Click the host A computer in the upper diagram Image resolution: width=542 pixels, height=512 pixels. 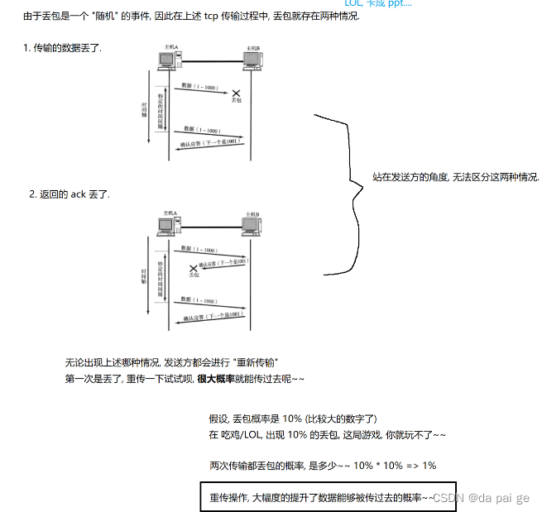coord(169,60)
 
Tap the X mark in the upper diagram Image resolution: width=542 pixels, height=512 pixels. coord(236,93)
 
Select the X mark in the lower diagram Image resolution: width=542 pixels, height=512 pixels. coord(194,268)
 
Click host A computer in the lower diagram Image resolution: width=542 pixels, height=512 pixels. coord(169,223)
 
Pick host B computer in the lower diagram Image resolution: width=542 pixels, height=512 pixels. coord(252,224)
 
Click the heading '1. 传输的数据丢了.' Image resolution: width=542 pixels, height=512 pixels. coord(62,48)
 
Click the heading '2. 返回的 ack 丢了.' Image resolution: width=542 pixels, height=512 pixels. coord(70,194)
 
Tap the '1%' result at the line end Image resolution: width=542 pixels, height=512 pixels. coord(428,465)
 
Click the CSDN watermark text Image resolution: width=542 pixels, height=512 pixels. coord(481,498)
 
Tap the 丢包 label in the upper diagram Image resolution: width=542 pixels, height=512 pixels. coord(237,101)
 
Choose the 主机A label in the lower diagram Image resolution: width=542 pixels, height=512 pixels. coord(170,212)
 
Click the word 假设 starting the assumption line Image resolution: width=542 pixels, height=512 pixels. coord(218,419)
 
